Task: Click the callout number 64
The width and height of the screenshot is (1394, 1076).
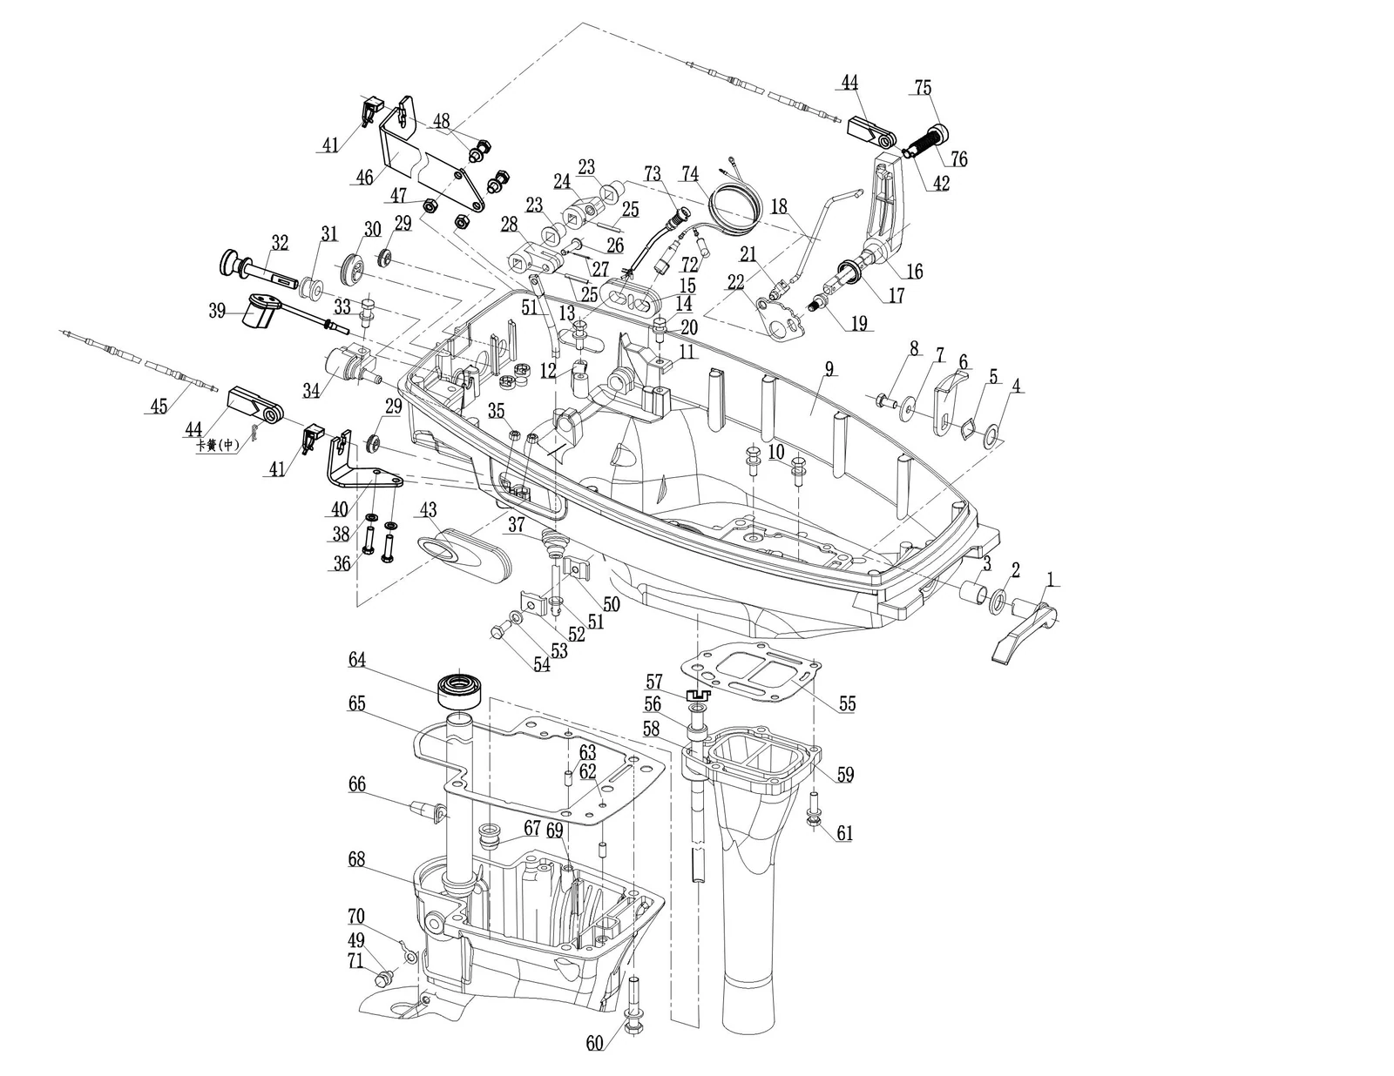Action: tap(356, 660)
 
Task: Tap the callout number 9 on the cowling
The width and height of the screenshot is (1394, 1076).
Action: tap(829, 370)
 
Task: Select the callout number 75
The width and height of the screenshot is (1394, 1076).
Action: tap(924, 88)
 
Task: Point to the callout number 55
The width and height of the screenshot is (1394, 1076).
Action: tap(848, 703)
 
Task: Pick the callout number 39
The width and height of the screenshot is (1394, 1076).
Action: tap(217, 311)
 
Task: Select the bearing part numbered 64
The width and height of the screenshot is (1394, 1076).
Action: tap(459, 690)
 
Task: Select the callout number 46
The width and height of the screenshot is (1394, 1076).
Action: tap(364, 177)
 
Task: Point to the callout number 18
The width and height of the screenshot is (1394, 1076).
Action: tap(778, 206)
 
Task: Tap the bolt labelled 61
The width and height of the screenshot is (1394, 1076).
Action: tap(814, 810)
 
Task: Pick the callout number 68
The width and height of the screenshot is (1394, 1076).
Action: tap(356, 859)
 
